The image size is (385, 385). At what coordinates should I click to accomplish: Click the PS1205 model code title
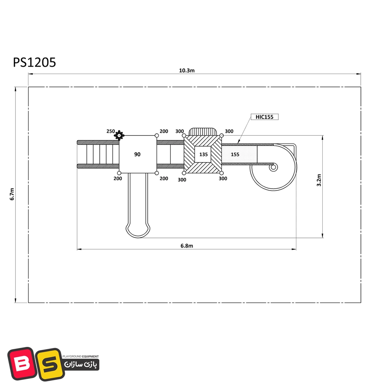tap(34, 62)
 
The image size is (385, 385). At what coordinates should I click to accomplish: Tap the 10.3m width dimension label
tap(187, 70)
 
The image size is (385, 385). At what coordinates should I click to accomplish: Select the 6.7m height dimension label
tap(12, 194)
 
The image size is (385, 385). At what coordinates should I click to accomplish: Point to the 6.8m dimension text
tap(187, 246)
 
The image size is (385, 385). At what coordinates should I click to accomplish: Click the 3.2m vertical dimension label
tap(319, 180)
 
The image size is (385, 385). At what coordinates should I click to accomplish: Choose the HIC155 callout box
tap(264, 117)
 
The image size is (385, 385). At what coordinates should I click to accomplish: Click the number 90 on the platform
tap(137, 154)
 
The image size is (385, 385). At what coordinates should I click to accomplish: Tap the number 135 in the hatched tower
tap(203, 154)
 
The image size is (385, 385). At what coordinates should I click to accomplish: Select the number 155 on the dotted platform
tap(235, 154)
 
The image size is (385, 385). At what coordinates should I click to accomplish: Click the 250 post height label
tap(110, 131)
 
